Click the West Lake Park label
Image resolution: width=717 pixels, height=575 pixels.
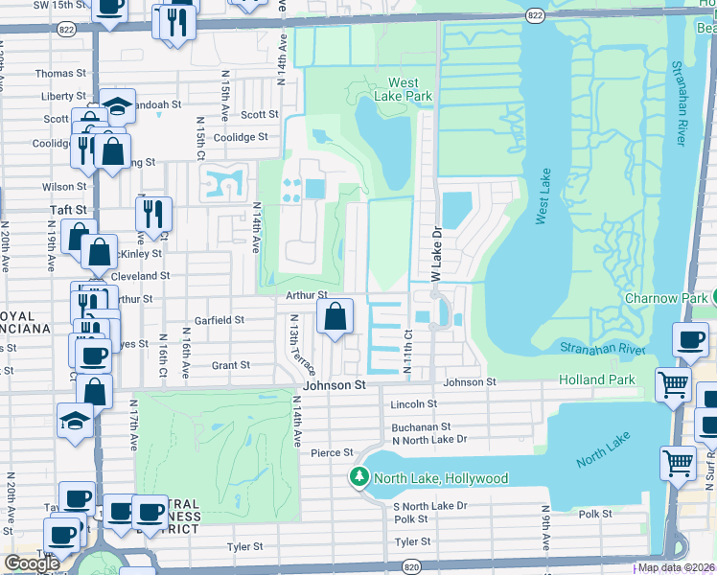pos(409,89)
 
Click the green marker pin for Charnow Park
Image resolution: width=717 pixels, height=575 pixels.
pos(708,298)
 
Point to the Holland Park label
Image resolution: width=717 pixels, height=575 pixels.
pos(597,380)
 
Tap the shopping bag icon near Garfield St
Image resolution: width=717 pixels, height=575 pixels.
pos(335,316)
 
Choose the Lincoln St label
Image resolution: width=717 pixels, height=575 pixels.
pos(413,404)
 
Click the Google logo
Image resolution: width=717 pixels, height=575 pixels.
pos(32,563)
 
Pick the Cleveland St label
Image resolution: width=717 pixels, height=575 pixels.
pos(140,275)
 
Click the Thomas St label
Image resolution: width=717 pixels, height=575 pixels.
pos(60,73)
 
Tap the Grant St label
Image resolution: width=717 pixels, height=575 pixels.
pos(230,365)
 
